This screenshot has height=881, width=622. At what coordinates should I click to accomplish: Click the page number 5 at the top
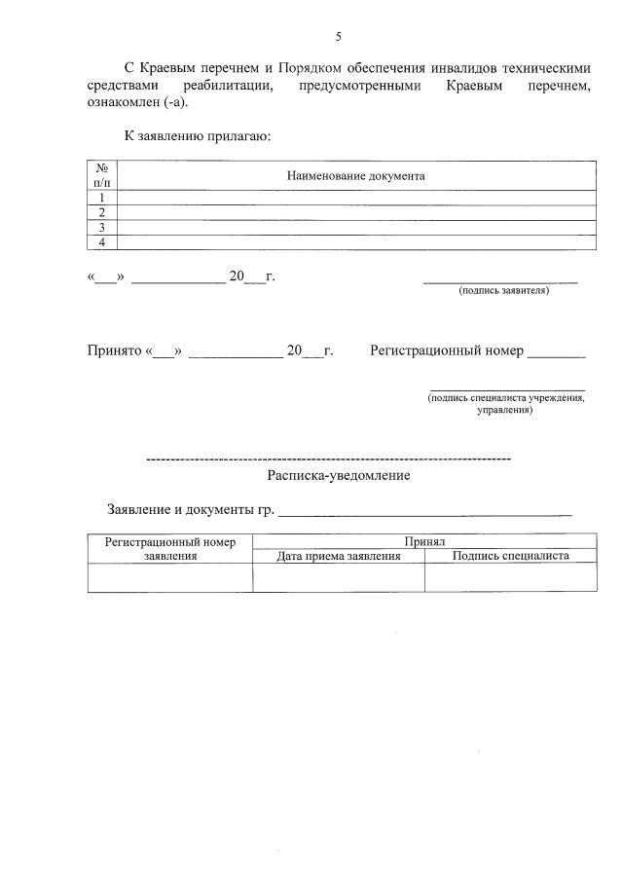point(338,37)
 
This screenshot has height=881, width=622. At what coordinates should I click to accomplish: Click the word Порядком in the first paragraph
point(310,68)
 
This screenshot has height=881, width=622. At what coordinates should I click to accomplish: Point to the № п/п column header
point(101,175)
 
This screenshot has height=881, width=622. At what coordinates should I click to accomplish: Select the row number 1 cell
point(101,198)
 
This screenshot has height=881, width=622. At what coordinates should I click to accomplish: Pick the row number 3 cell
point(101,227)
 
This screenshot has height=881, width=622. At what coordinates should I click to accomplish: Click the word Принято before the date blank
point(114,350)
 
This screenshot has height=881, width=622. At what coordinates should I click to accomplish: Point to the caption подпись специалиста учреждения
point(505,398)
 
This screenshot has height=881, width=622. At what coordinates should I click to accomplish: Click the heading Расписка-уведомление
point(338,476)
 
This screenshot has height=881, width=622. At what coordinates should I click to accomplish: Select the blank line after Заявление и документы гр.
point(425,511)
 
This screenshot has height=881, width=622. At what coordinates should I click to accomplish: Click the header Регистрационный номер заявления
point(170,549)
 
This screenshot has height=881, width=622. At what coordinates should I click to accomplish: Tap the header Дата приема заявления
point(338,556)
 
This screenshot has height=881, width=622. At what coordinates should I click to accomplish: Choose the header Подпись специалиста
point(510,556)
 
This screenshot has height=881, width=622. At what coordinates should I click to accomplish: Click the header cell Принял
point(424,541)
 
